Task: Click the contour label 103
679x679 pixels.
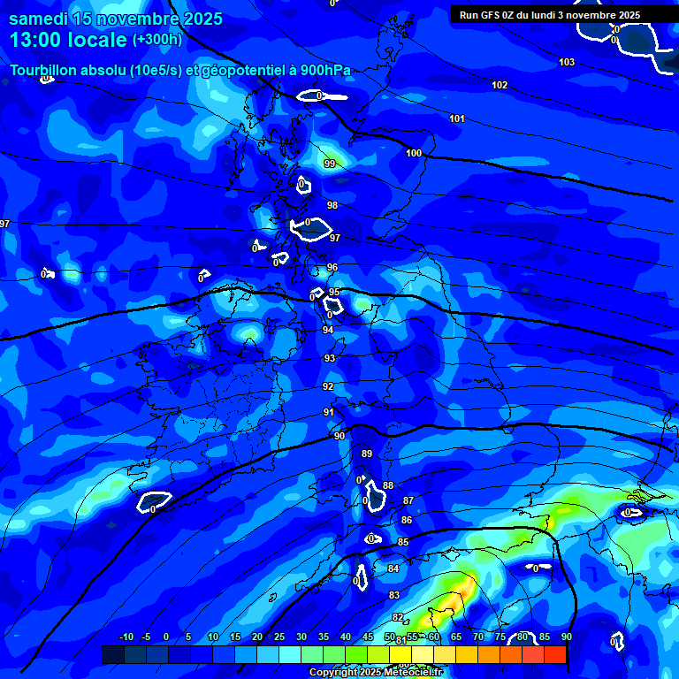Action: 567,62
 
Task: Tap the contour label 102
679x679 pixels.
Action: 500,85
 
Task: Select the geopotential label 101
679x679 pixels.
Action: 457,118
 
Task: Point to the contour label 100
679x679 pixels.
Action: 414,153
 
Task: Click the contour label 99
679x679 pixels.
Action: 330,164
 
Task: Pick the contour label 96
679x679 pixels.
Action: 332,267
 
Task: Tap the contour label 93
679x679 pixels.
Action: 330,358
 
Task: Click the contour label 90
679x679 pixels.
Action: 339,436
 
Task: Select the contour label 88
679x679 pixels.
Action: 388,485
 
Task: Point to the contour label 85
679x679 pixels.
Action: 403,542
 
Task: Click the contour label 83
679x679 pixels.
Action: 394,595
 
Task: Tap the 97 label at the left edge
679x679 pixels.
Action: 5,224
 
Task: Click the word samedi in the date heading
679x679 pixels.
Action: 39,19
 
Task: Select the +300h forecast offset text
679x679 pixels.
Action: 157,40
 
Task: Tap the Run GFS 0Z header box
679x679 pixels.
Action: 550,15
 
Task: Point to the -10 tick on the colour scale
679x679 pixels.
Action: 126,637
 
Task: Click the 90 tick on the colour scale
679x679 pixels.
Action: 566,637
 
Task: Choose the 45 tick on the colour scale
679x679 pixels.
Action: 367,637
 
